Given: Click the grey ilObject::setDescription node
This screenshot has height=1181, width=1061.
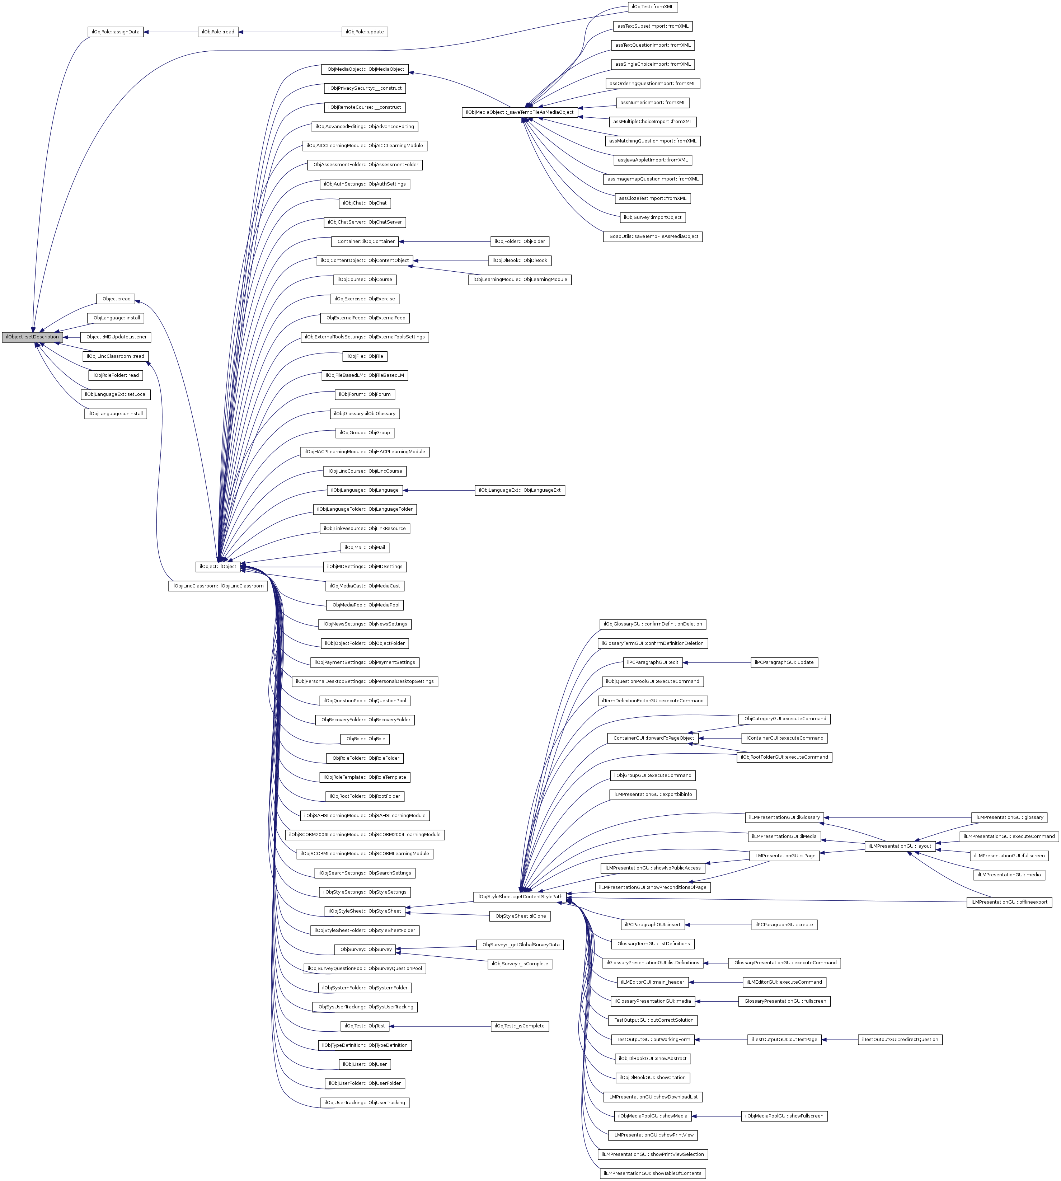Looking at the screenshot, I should pyautogui.click(x=32, y=337).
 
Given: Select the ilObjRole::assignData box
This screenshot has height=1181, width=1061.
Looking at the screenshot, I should pyautogui.click(x=116, y=32).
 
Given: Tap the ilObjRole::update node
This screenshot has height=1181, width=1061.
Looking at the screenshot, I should pyautogui.click(x=364, y=32).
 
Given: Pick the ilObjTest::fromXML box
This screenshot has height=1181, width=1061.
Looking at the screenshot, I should pyautogui.click(x=652, y=7).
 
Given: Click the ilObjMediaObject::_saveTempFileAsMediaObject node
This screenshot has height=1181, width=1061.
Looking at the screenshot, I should pyautogui.click(x=520, y=112).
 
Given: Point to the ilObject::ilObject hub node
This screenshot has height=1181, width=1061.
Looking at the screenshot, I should pyautogui.click(x=218, y=567).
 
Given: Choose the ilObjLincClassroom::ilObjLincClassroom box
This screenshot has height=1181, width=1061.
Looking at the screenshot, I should pyautogui.click(x=218, y=586).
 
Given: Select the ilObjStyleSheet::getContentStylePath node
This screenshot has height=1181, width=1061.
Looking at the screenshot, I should pyautogui.click(x=520, y=896).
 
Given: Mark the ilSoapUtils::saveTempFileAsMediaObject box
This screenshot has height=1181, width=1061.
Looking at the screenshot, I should pyautogui.click(x=652, y=236).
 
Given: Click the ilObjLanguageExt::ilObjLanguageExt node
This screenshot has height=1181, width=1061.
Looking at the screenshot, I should pyautogui.click(x=520, y=490).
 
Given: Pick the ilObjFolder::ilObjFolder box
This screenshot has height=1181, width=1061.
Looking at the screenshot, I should pyautogui.click(x=520, y=241).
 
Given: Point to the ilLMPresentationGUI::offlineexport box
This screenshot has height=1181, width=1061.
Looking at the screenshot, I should pyautogui.click(x=1009, y=903).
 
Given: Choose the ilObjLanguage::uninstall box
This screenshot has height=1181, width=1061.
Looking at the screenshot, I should pyautogui.click(x=116, y=414).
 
